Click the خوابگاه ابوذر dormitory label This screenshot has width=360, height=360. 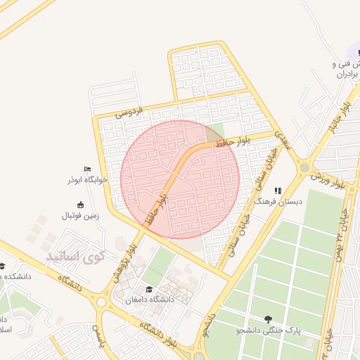87,179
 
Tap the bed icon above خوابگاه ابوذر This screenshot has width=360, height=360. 87,169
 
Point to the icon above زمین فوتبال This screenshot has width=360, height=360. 80,205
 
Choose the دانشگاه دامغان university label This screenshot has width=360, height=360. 149,300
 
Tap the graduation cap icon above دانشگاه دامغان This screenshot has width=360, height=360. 148,289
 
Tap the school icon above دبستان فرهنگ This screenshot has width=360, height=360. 278,190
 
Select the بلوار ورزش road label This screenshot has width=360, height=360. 328,179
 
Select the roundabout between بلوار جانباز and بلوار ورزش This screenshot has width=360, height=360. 304,167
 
